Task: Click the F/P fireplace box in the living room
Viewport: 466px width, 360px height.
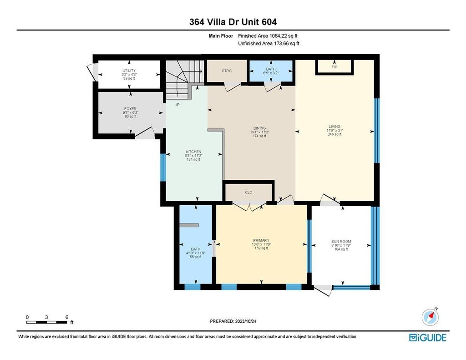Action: tap(334, 67)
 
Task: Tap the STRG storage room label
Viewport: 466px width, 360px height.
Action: tap(227, 71)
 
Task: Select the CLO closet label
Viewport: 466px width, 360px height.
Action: tap(248, 193)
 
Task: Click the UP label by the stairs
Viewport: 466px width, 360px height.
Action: tap(177, 105)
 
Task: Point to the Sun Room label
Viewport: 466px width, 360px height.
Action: tap(341, 241)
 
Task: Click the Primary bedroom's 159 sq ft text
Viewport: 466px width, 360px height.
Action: tap(261, 248)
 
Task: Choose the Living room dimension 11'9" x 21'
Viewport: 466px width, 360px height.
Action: tap(334, 130)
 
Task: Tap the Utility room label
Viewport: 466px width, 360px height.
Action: tap(129, 71)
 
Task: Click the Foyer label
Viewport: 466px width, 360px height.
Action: tap(130, 109)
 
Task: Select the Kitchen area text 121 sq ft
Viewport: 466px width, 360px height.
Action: tap(193, 159)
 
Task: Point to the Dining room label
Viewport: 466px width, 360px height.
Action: tap(259, 128)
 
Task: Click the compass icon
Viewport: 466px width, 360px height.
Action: tap(430, 317)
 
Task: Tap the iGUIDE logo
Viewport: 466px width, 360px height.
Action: tap(428, 338)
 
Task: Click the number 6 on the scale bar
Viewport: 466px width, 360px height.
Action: tap(67, 317)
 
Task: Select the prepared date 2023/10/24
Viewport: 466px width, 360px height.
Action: tap(245, 321)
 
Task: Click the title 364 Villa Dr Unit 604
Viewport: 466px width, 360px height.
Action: tap(233, 22)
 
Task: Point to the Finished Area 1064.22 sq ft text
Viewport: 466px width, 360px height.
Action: tap(268, 36)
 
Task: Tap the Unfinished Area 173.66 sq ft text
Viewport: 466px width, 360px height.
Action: tap(268, 44)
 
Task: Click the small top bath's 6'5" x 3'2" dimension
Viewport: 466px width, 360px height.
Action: tap(271, 73)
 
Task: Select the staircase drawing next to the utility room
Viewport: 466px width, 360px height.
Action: tap(185, 79)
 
